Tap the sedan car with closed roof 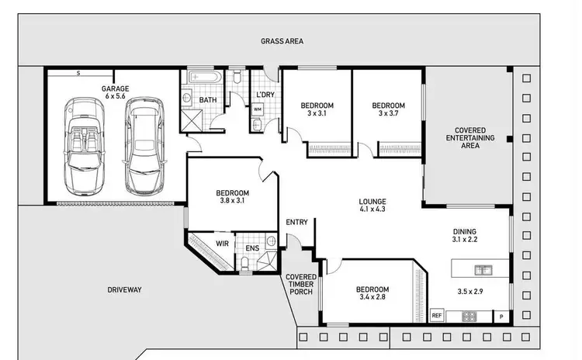point(144,146)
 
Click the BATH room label point(207,100)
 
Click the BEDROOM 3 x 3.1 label point(317,109)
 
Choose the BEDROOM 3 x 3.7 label point(388,109)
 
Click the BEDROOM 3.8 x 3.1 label point(232,197)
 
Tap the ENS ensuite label point(252,248)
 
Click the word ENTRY point(296,223)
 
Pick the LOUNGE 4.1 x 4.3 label point(372,204)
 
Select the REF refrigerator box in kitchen point(436,316)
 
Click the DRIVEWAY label point(124,289)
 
